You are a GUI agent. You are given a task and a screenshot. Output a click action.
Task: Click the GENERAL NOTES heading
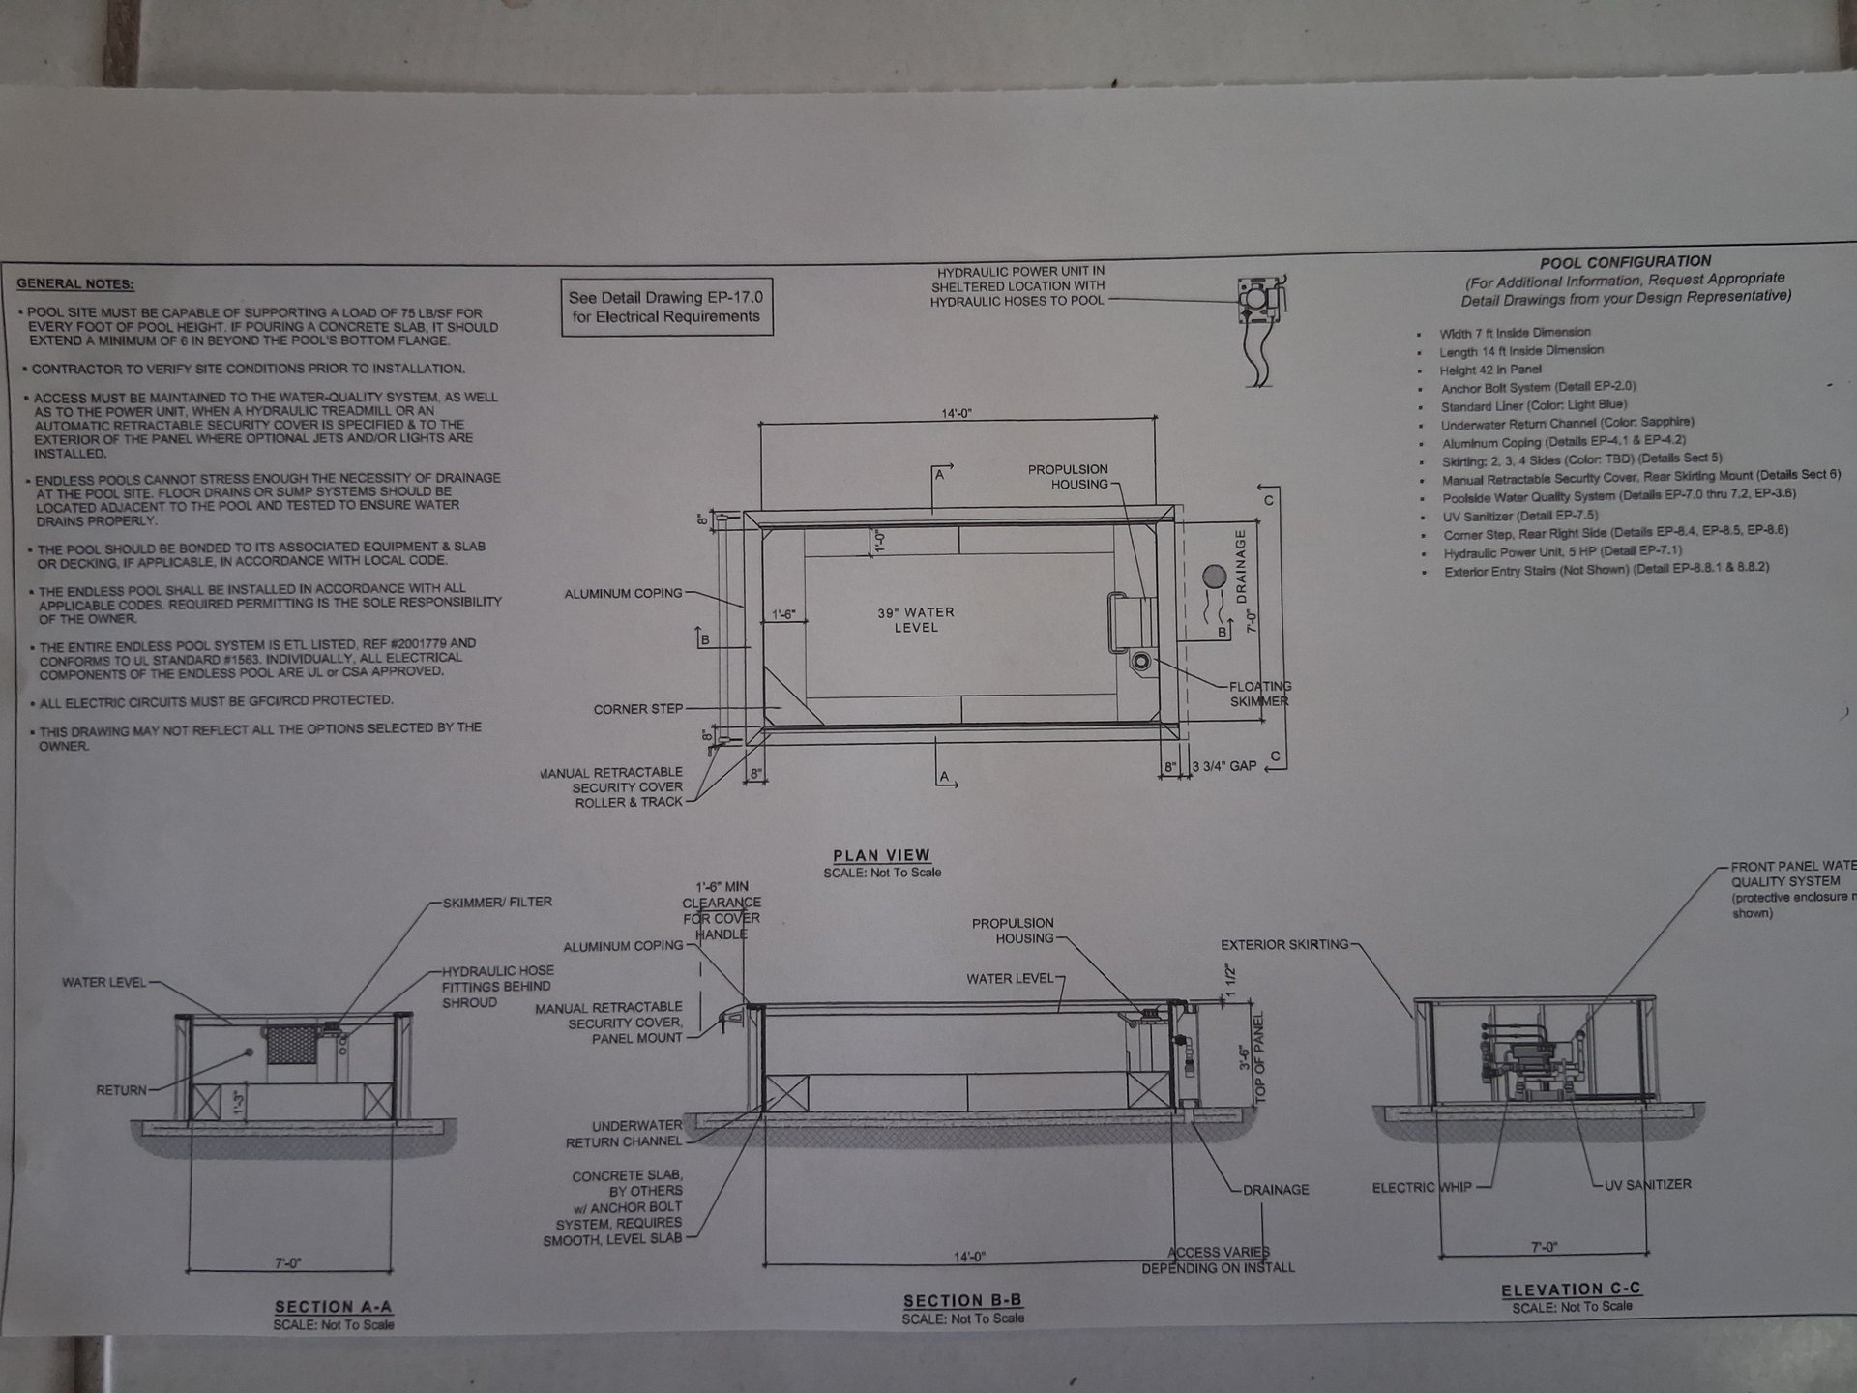click(75, 284)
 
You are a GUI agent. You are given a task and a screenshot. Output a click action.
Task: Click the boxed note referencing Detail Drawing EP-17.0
click(666, 308)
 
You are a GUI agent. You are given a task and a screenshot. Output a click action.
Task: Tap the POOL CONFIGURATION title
click(1625, 262)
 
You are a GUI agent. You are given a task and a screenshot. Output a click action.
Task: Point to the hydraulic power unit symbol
click(1259, 303)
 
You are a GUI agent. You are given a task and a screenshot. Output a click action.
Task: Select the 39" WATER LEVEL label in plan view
click(916, 620)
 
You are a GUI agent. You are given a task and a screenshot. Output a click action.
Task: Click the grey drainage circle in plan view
click(1214, 578)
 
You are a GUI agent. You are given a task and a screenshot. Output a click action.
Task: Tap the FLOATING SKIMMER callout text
click(1259, 694)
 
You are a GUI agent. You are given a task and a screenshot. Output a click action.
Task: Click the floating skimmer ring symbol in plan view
click(1142, 662)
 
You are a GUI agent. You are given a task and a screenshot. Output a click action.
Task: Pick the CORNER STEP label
click(638, 709)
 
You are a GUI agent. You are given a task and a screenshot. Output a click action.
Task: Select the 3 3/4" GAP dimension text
click(1223, 766)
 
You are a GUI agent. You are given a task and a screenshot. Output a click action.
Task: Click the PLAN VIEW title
click(881, 855)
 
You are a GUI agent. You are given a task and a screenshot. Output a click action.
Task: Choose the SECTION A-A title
click(333, 1307)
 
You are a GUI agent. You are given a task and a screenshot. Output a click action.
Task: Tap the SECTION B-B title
click(962, 1301)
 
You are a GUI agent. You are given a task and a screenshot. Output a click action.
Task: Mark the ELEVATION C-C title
click(1571, 1289)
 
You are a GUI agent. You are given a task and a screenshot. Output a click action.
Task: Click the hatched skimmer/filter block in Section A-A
click(294, 1045)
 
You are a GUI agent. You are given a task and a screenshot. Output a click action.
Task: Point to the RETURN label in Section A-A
click(121, 1090)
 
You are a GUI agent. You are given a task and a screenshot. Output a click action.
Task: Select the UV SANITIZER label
click(1648, 1184)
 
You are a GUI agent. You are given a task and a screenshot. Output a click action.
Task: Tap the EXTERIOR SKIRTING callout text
click(1283, 944)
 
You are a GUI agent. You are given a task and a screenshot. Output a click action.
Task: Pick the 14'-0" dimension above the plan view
click(957, 414)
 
